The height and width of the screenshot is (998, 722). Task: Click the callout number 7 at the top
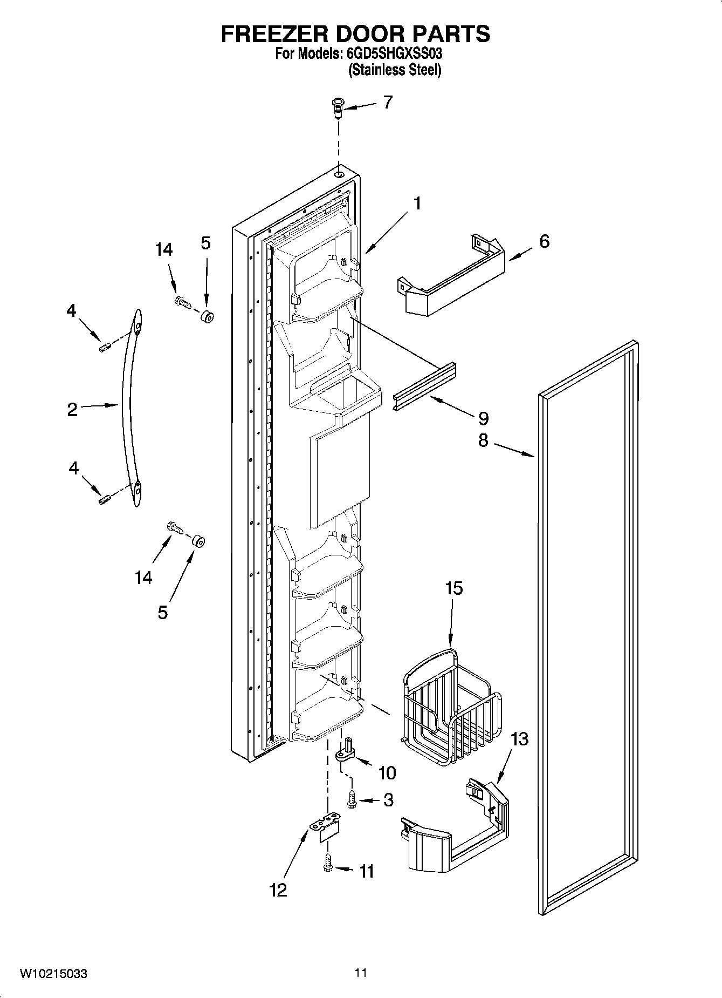(388, 102)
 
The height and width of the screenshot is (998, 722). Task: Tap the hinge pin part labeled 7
(338, 107)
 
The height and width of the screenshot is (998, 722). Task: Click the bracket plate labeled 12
(327, 826)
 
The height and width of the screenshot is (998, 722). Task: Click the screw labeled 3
(352, 799)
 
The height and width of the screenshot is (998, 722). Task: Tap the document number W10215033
(53, 974)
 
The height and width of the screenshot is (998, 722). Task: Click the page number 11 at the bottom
(361, 973)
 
